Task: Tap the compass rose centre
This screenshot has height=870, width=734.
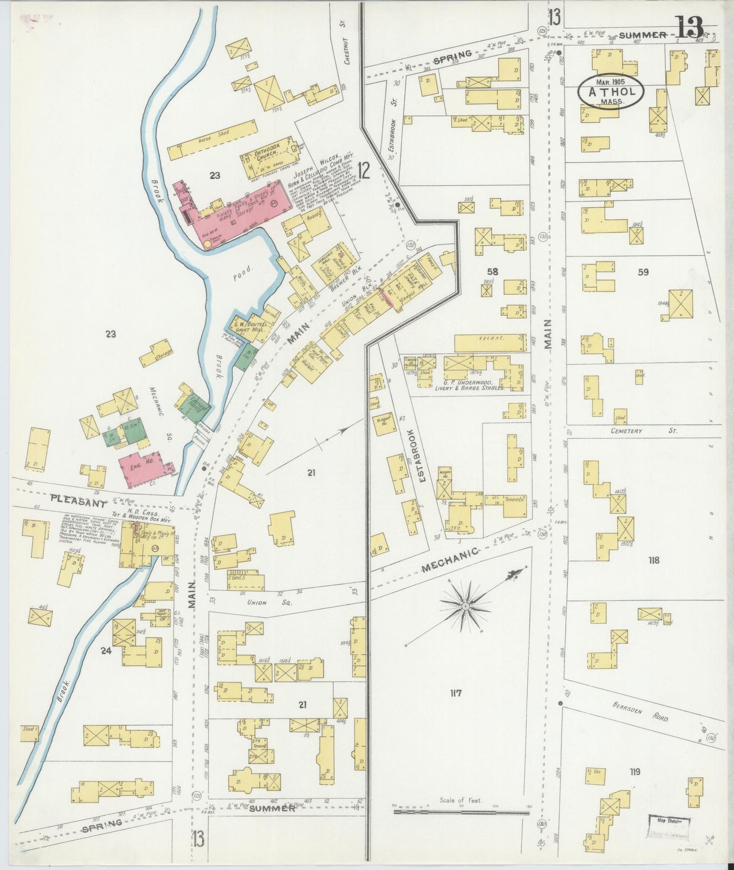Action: (x=465, y=607)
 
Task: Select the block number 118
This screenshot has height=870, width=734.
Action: (x=653, y=560)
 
